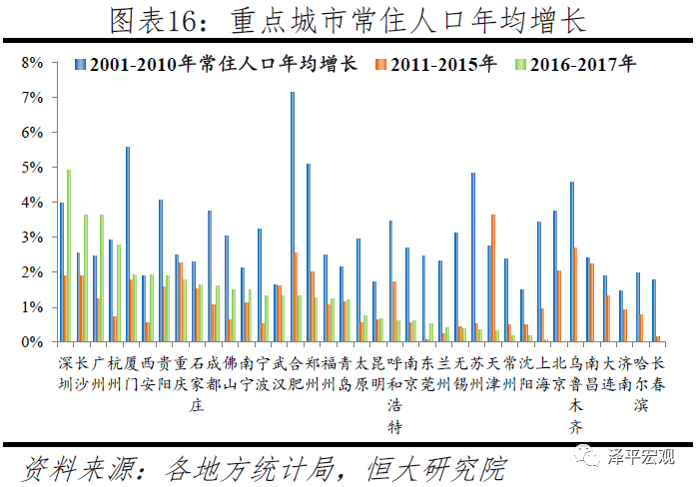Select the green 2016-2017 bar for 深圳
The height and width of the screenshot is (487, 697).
coord(69,255)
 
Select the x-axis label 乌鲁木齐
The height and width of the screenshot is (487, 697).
coord(576,394)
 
